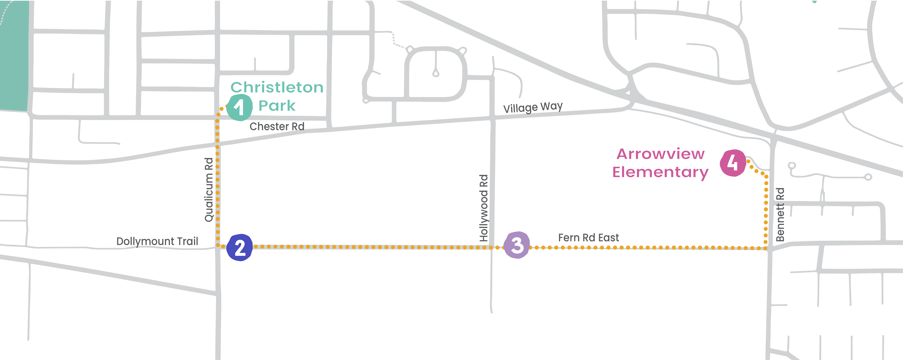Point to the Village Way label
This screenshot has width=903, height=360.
(x=533, y=107)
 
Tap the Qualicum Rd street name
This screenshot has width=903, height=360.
(x=209, y=190)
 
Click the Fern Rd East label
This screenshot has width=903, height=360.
(x=589, y=238)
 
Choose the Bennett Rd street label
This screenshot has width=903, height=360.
(x=780, y=215)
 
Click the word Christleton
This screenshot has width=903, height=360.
(x=277, y=87)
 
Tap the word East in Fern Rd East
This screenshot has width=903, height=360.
(x=609, y=238)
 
